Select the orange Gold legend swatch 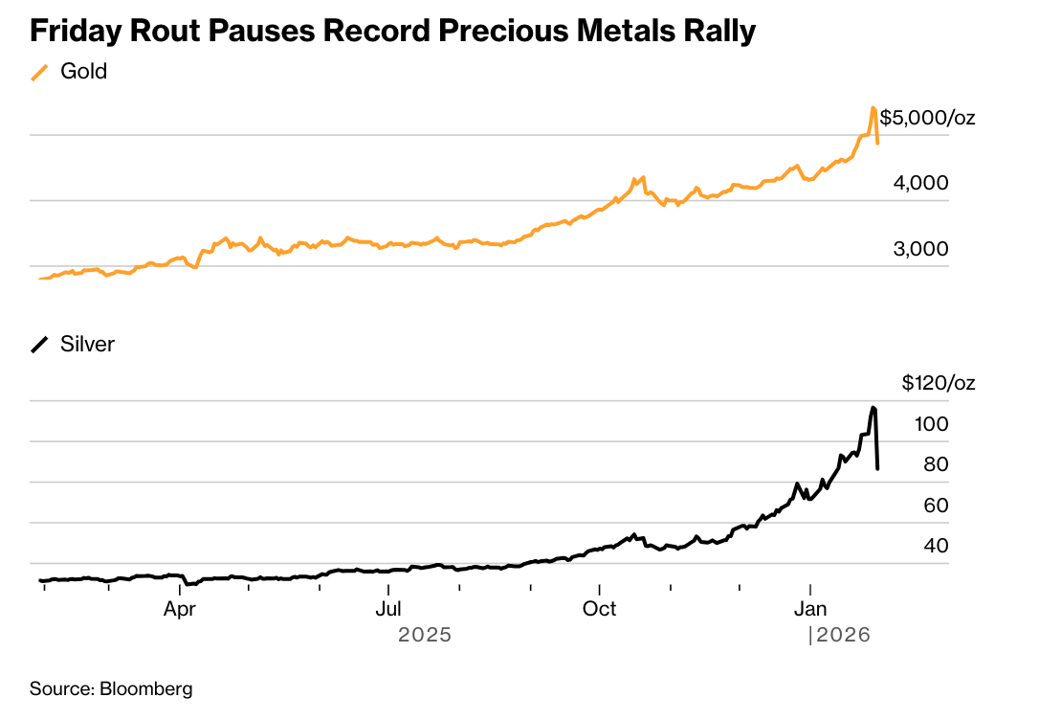[40, 73]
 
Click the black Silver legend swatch [40, 346]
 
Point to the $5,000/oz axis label [927, 119]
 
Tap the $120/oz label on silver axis [938, 384]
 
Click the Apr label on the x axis [180, 609]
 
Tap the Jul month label [388, 609]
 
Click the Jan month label [810, 609]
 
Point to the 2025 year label [424, 634]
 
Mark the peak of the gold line [873, 108]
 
